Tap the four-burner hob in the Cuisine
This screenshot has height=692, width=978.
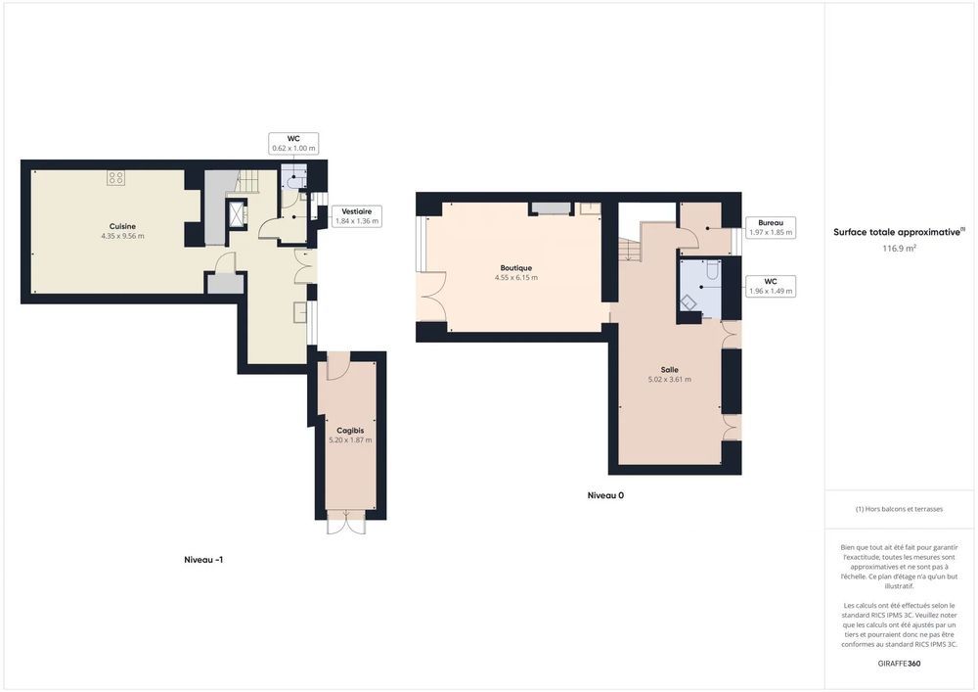point(116,178)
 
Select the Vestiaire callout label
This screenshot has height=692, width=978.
point(357,216)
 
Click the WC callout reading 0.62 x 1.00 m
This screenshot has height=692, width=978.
point(293,144)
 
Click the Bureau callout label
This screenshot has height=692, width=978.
point(771,228)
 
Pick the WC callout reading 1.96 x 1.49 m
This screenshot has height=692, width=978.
point(771,287)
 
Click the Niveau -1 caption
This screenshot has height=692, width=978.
point(203,560)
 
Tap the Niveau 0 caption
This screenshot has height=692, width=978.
point(605,495)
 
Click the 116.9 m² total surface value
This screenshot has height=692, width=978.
point(899,248)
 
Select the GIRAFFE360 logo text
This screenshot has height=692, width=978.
point(899,664)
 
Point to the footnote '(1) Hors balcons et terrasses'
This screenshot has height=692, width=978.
point(899,509)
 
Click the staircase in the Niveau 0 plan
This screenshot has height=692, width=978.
point(630,249)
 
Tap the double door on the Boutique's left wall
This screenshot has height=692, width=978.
point(430,297)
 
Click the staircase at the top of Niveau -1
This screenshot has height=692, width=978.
point(250,180)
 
